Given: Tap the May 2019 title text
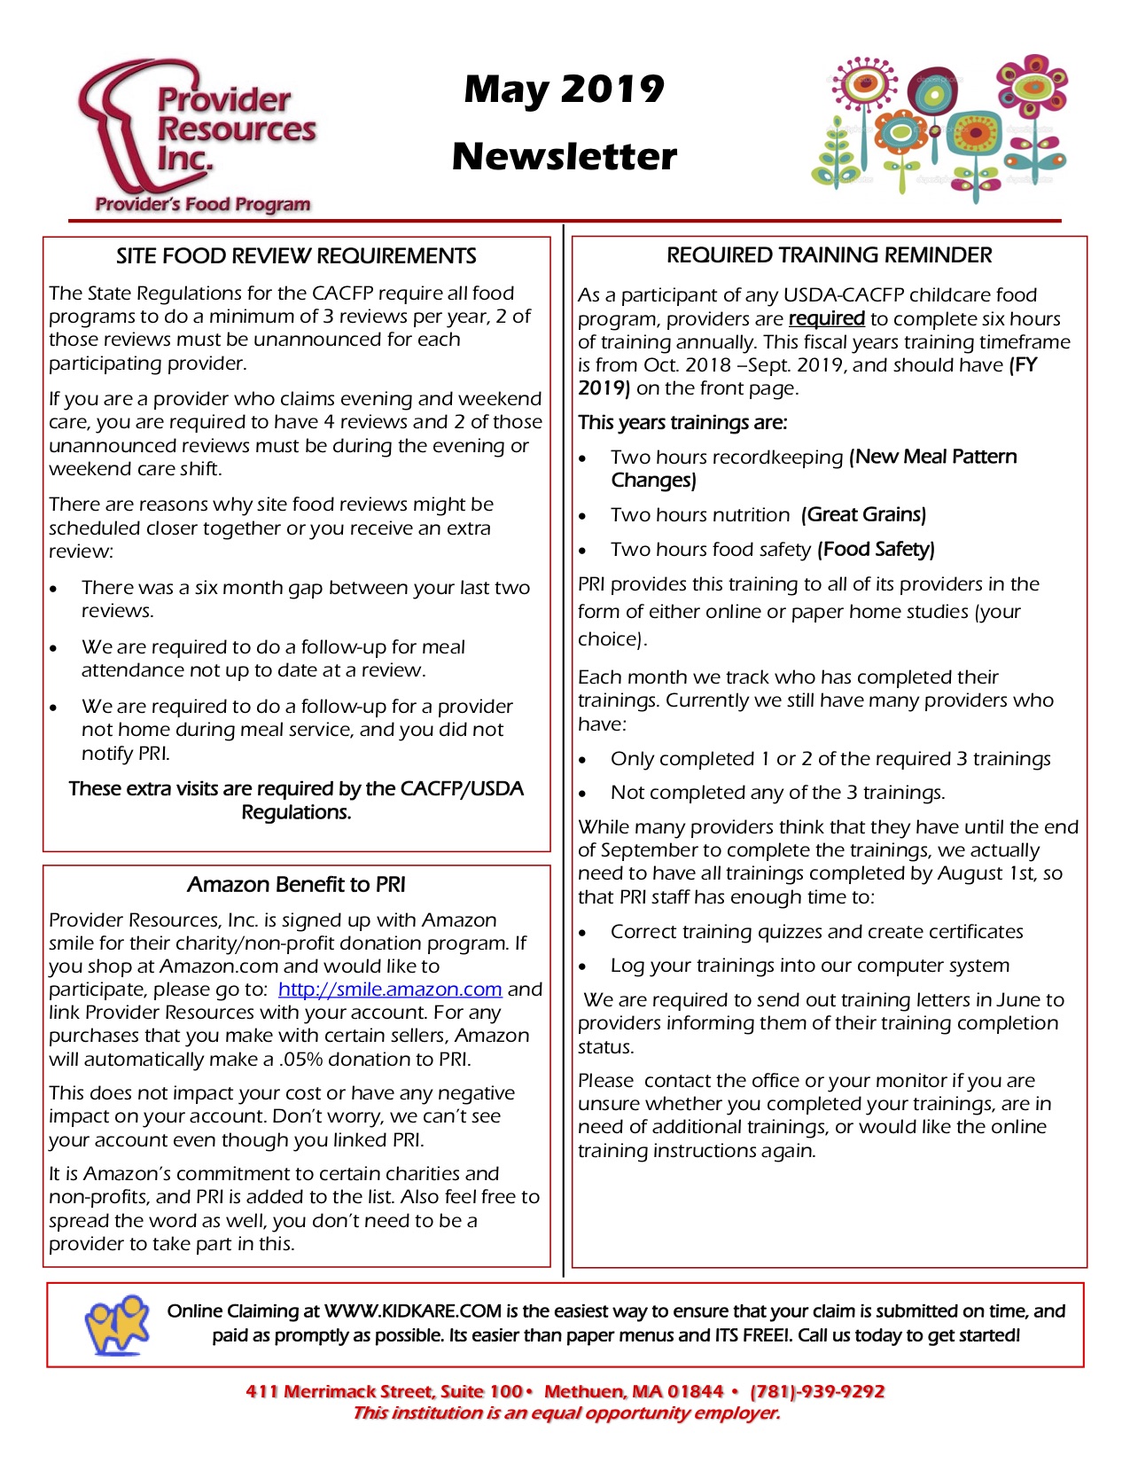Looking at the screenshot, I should pyautogui.click(x=564, y=90).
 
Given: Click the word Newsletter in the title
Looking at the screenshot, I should pyautogui.click(x=564, y=157).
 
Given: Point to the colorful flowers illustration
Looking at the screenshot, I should pyautogui.click(x=939, y=125).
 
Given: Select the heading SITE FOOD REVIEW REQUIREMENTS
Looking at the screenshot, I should pyautogui.click(x=296, y=256).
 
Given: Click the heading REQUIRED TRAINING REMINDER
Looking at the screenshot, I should pyautogui.click(x=829, y=255).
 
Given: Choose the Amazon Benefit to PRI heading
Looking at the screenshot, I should pyautogui.click(x=296, y=884).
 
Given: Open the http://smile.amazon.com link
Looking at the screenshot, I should pyautogui.click(x=390, y=990).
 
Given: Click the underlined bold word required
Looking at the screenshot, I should pyautogui.click(x=826, y=318).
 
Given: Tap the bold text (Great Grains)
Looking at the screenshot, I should pyautogui.click(x=863, y=514).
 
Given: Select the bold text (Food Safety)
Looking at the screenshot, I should pyautogui.click(x=876, y=549).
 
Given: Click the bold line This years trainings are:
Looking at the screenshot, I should pyautogui.click(x=682, y=422).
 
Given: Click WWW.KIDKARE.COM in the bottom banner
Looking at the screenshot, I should pyautogui.click(x=413, y=1310).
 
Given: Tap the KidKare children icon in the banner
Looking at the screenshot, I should pyautogui.click(x=116, y=1324).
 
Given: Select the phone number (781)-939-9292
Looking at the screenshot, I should pyautogui.click(x=817, y=1391).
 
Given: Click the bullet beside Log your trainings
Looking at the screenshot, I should pyautogui.click(x=582, y=966).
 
